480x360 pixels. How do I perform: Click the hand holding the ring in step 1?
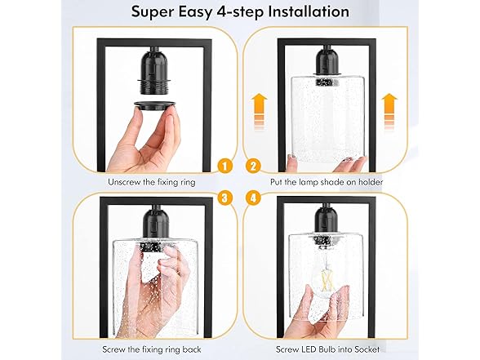(145, 143)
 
